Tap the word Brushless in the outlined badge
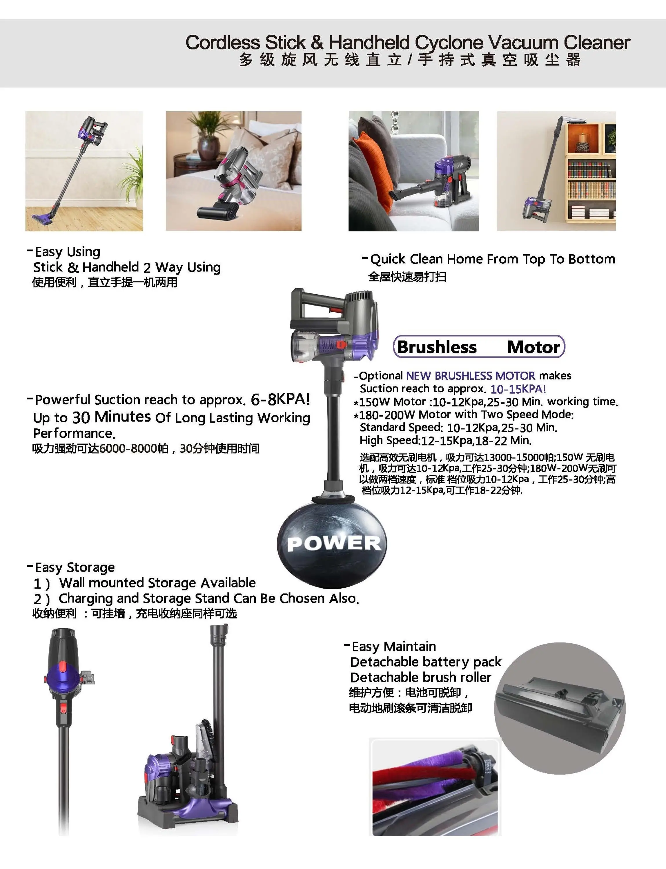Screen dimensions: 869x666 [437, 347]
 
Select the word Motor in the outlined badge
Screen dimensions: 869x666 [533, 347]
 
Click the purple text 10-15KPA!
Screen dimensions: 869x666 [518, 389]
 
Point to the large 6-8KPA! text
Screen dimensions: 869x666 [280, 399]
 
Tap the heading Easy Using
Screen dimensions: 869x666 [67, 252]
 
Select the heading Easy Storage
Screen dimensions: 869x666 [75, 567]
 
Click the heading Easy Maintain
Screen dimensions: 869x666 [394, 647]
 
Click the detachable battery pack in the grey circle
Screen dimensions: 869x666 [559, 711]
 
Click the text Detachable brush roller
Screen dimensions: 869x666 [421, 677]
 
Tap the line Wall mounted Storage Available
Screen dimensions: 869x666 [157, 583]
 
